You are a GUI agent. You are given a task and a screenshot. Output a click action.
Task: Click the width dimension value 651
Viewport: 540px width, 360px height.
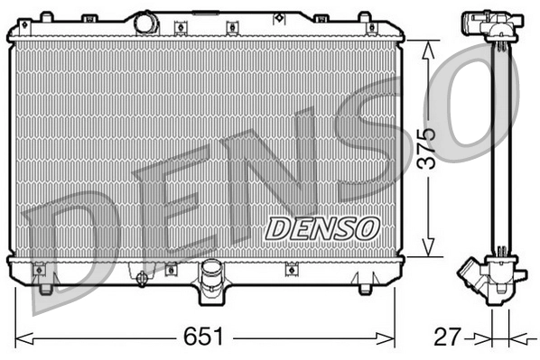tap(204, 338)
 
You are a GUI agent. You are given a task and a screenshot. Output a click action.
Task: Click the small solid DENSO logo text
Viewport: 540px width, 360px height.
tap(321, 228)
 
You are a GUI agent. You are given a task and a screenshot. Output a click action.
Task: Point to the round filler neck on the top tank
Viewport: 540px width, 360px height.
tap(146, 23)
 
